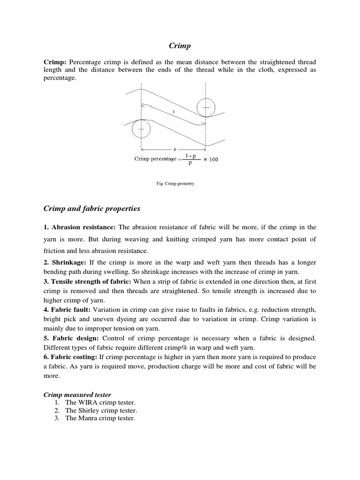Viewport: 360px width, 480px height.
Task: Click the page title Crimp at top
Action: [x=180, y=45]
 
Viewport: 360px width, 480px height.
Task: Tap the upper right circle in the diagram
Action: [x=206, y=108]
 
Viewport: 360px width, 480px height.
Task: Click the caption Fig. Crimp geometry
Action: [x=175, y=184]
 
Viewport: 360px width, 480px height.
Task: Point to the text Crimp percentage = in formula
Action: [x=155, y=159]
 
